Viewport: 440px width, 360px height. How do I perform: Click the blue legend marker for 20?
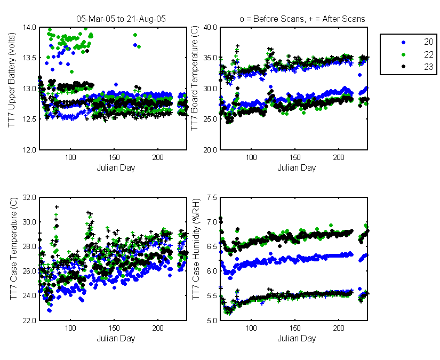click(x=404, y=42)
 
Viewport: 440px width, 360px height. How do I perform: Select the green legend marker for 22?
click(x=404, y=55)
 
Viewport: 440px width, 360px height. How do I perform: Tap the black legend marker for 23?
click(x=404, y=67)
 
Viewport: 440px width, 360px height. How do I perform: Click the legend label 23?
click(x=428, y=67)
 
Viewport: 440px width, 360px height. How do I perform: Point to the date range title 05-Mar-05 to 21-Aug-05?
click(x=121, y=19)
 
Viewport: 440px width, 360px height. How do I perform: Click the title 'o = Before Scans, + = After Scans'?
click(x=302, y=19)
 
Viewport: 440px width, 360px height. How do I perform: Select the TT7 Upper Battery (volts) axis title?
click(x=12, y=80)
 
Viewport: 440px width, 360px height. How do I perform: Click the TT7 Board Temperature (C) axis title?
click(x=194, y=78)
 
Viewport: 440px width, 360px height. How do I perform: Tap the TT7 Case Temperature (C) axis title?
click(x=13, y=249)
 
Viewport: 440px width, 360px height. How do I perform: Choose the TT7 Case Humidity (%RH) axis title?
click(x=196, y=249)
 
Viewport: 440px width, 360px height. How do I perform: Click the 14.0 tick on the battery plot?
click(x=30, y=28)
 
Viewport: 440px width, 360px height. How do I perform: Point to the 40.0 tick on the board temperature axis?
click(x=210, y=28)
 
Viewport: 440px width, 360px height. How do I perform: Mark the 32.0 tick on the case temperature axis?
click(x=30, y=197)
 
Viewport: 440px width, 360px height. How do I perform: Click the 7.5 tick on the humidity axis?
click(x=212, y=197)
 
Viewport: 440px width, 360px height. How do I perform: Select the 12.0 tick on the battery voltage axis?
click(x=30, y=150)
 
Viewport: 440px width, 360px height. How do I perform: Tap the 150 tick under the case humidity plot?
click(x=295, y=328)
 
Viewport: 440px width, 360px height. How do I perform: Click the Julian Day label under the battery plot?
click(x=116, y=168)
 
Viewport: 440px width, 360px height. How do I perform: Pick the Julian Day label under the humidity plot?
click(x=297, y=338)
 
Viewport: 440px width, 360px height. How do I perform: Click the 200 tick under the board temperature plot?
click(x=339, y=157)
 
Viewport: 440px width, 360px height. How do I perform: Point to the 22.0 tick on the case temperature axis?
click(x=30, y=321)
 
